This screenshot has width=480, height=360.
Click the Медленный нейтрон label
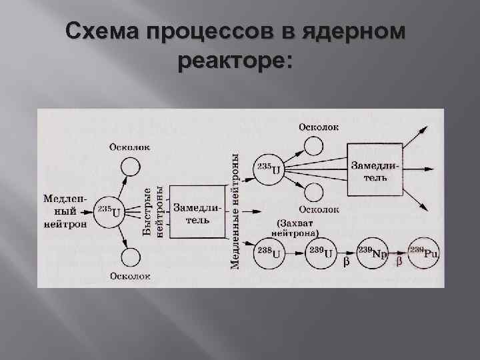64,211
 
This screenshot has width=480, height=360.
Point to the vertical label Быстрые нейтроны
153,211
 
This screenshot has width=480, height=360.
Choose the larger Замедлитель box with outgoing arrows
373,169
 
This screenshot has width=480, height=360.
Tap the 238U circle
269,253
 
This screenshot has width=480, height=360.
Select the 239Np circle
373,253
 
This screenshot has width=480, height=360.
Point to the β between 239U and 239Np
345,262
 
